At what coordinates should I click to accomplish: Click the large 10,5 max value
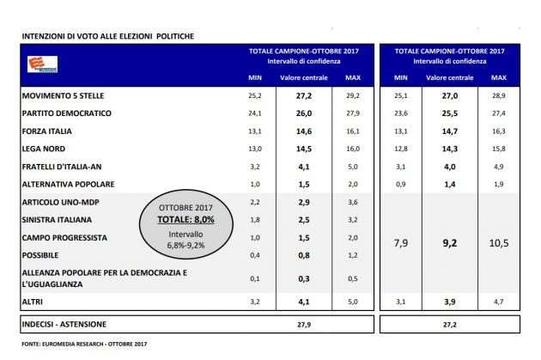pos(499,243)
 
